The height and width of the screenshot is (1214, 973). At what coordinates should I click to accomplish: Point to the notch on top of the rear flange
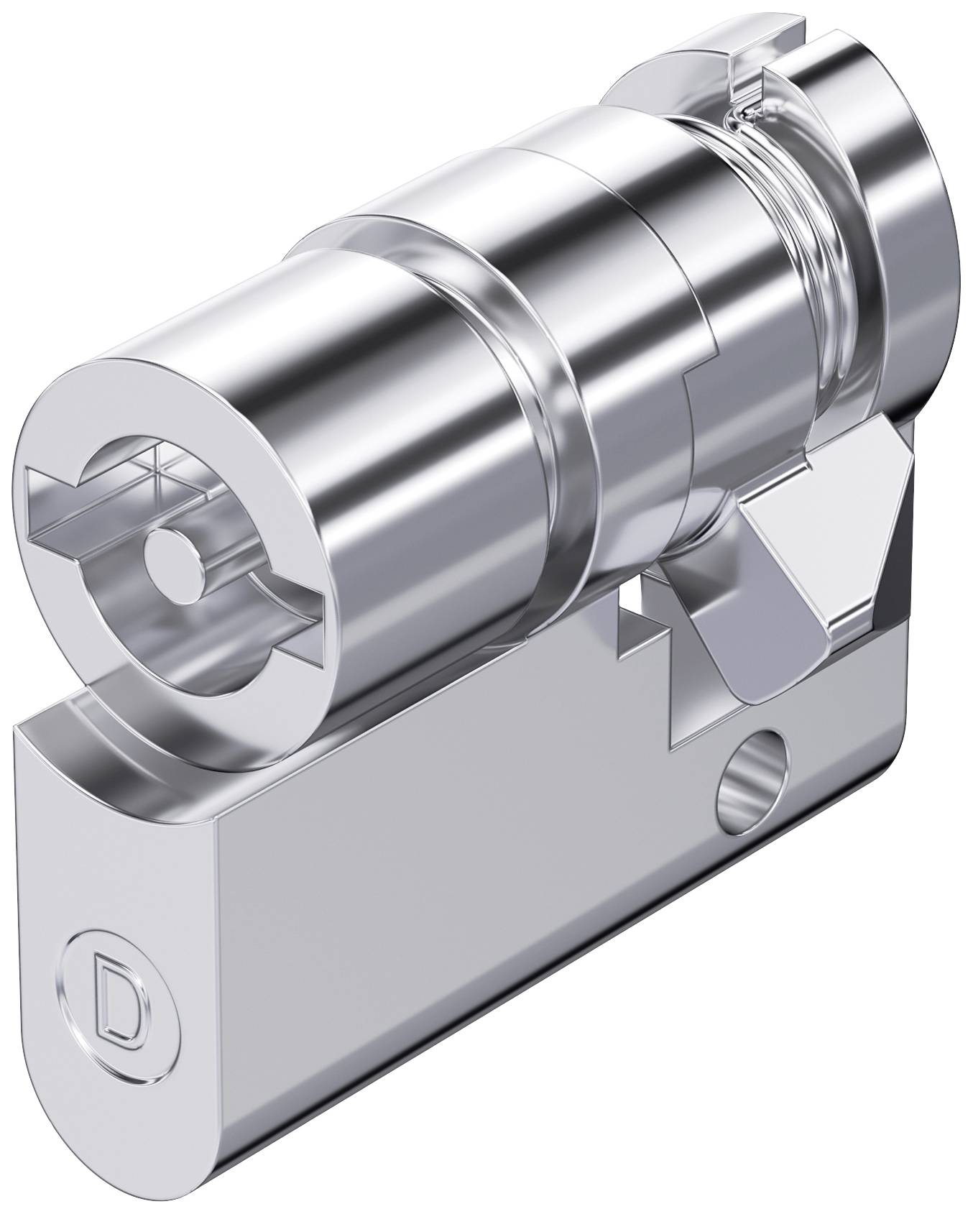coord(747,79)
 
